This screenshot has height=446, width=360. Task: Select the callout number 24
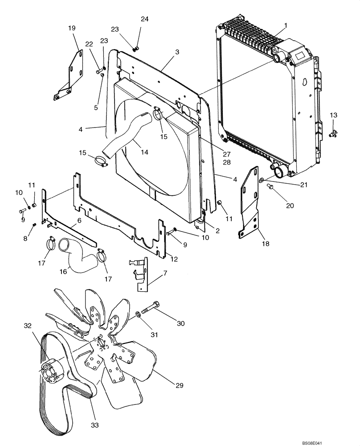[144, 19]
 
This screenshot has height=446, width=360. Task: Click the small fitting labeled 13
[332, 132]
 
